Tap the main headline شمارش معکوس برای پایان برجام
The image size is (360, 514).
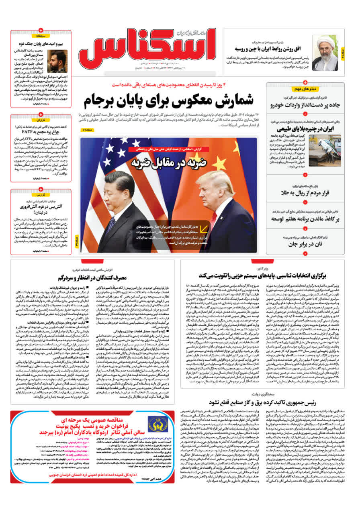pos(169,100)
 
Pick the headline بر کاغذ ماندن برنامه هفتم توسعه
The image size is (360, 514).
pos(305,218)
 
